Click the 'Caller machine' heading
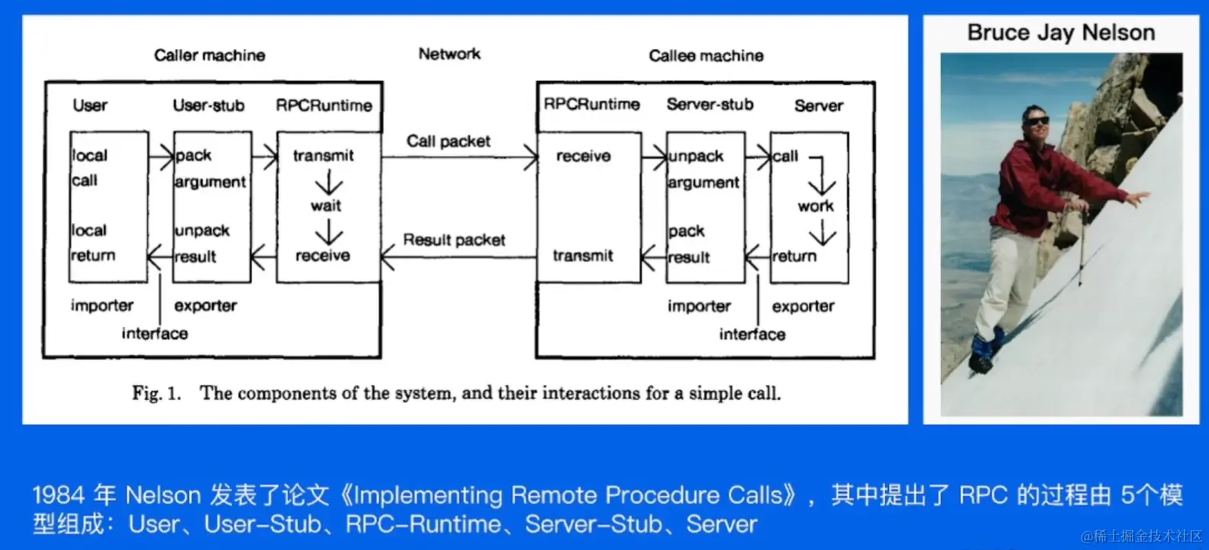point(209,55)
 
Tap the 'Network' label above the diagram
point(449,54)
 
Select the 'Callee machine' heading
point(706,56)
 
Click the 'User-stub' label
point(208,105)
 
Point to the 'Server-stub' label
point(710,105)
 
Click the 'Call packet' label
point(448,141)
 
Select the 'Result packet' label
point(454,240)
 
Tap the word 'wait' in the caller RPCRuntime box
point(326,205)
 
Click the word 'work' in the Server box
point(816,206)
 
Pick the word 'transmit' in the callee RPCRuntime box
point(583,256)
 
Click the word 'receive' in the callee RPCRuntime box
point(583,157)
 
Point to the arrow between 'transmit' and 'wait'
point(329,183)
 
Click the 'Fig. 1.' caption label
point(156,393)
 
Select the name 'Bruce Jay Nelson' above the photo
point(1061,33)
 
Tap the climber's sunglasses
point(1036,121)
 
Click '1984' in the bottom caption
point(59,496)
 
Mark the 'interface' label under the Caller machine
point(154,334)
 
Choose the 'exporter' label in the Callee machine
point(803,306)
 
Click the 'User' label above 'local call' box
point(90,105)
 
